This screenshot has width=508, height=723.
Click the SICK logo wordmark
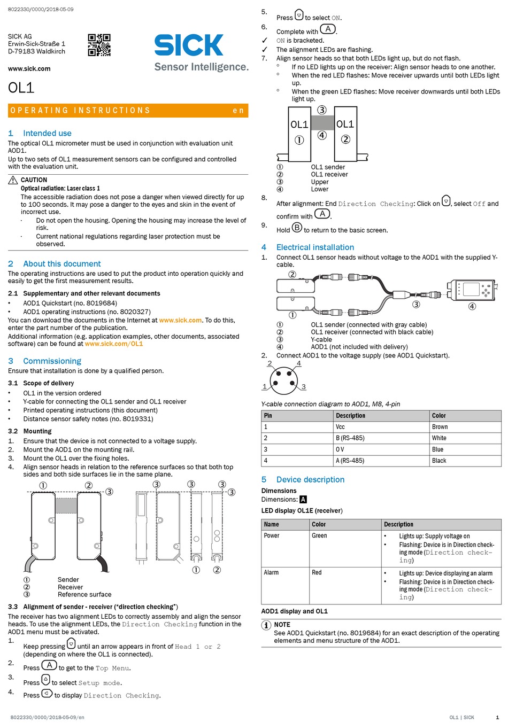coord(189,45)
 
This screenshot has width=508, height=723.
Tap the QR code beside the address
coord(99,45)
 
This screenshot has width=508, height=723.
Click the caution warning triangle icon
coord(13,180)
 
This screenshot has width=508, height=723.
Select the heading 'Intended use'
coord(47,133)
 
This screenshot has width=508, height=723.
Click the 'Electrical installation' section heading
coord(315,247)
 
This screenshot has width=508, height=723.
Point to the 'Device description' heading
coord(310,479)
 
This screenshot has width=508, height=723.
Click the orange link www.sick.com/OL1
coord(114,344)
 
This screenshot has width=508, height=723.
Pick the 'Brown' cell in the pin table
coord(440,427)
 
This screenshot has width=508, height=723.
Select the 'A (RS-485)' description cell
coord(350,461)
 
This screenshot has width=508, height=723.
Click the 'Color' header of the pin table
coord(439,416)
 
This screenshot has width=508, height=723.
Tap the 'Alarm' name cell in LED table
coord(271,572)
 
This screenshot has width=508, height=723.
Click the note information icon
coord(266,625)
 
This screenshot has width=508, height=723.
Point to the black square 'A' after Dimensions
coord(303,499)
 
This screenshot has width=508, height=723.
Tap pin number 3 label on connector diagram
coord(304,387)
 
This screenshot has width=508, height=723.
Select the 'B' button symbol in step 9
coord(297,227)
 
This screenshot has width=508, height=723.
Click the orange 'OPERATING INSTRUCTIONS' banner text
coord(80,111)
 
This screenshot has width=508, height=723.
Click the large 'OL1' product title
coord(21,88)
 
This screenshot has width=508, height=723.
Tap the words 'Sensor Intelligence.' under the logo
coord(202,67)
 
